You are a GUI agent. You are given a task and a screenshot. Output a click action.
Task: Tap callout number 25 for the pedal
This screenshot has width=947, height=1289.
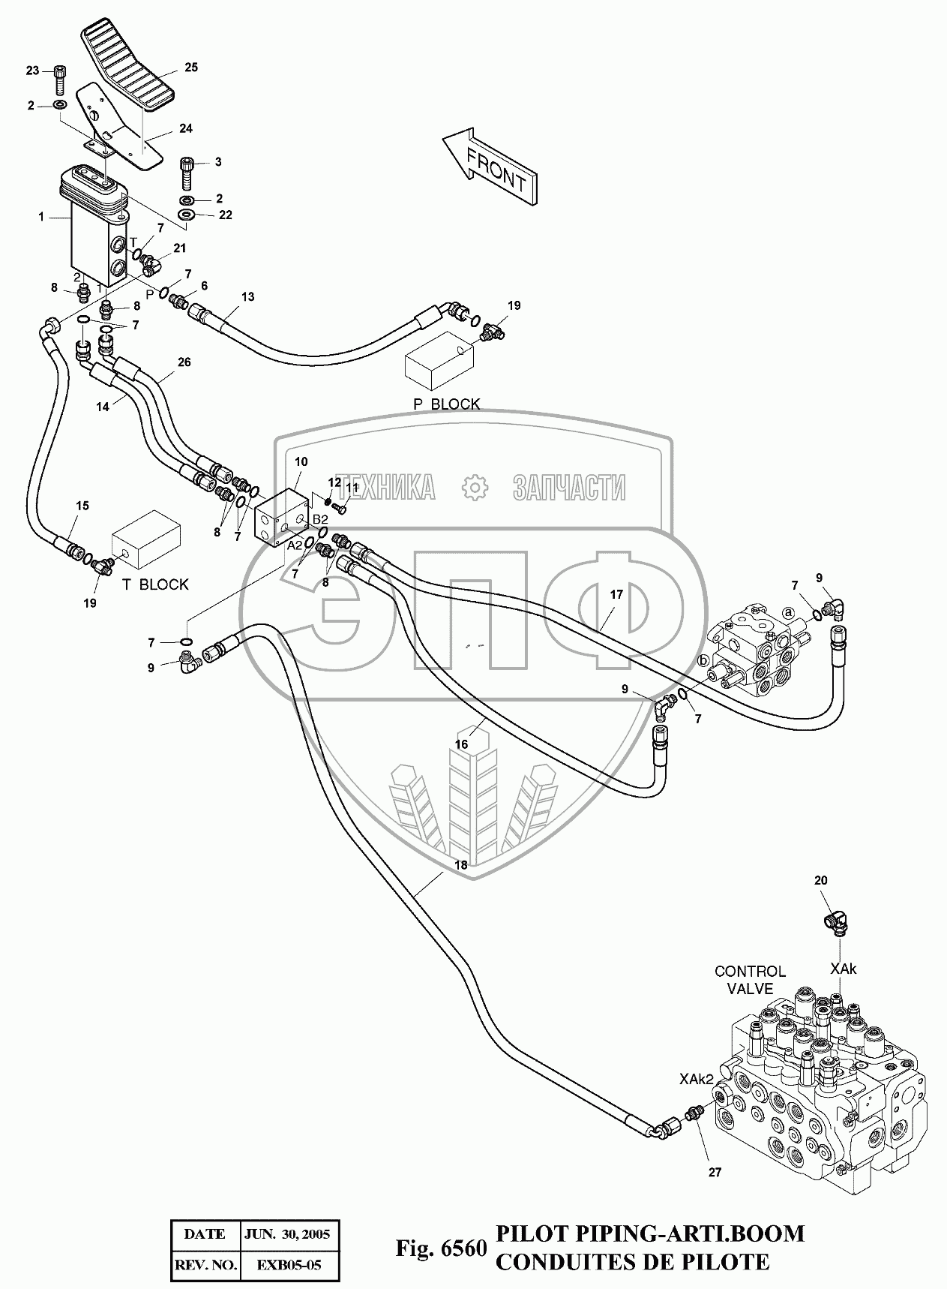pyautogui.click(x=191, y=68)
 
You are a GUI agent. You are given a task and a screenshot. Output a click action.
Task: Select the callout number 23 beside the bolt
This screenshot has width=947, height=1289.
pyautogui.click(x=32, y=71)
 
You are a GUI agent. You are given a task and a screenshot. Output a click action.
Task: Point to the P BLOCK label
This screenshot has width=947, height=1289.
pyautogui.click(x=447, y=404)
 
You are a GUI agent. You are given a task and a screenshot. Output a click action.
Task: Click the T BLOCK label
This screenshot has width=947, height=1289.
pyautogui.click(x=154, y=584)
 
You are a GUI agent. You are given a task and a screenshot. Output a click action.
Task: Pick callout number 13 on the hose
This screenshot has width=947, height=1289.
pyautogui.click(x=247, y=296)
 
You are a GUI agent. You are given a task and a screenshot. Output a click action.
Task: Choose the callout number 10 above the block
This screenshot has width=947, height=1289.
pyautogui.click(x=300, y=461)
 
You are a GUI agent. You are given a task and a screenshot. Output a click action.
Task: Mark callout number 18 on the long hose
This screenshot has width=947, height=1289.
pyautogui.click(x=461, y=864)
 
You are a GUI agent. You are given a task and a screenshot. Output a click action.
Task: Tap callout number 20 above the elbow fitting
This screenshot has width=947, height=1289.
pyautogui.click(x=821, y=880)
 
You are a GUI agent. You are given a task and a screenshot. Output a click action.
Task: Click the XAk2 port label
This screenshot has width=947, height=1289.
pyautogui.click(x=697, y=1079)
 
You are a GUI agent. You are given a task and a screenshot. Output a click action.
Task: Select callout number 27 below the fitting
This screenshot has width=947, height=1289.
pyautogui.click(x=715, y=1172)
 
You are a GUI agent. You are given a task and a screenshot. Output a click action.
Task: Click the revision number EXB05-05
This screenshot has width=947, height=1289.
pyautogui.click(x=289, y=1265)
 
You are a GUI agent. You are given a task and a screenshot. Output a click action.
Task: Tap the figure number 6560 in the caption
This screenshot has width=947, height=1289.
pyautogui.click(x=464, y=1249)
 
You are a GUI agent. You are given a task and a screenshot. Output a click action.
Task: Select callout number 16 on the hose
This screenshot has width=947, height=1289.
pyautogui.click(x=462, y=744)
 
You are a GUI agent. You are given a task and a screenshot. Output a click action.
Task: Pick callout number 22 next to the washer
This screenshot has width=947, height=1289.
pyautogui.click(x=226, y=215)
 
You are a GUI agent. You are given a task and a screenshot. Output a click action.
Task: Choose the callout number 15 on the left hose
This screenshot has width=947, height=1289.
pyautogui.click(x=82, y=506)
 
